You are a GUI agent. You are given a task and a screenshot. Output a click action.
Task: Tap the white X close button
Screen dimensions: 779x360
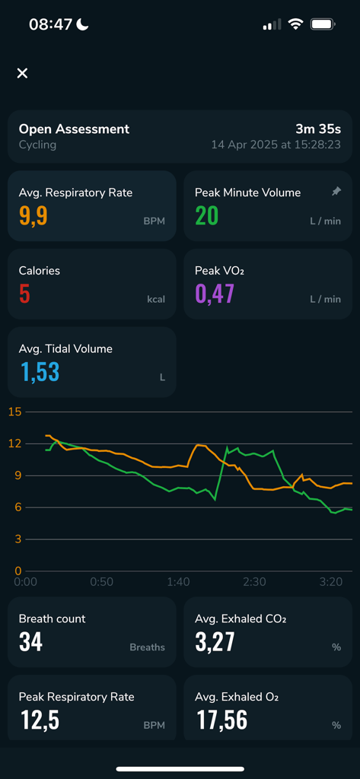[22, 73]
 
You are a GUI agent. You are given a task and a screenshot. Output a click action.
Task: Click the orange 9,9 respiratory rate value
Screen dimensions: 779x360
[33, 216]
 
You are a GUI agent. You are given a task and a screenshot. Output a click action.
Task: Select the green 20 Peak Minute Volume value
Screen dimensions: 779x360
[206, 216]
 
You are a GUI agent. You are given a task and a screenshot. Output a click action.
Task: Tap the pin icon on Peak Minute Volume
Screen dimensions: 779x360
[336, 192]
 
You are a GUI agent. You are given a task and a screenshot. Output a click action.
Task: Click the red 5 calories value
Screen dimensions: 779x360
[24, 294]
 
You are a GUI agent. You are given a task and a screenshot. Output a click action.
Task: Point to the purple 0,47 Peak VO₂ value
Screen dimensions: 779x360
[215, 294]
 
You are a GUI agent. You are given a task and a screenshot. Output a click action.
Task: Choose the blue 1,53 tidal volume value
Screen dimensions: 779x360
[39, 372]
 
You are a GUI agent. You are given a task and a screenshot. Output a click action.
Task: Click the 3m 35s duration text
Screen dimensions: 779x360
[318, 129]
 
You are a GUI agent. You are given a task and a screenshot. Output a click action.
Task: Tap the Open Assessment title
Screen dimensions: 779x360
[74, 129]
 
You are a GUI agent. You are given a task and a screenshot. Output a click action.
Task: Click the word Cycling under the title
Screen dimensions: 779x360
[37, 145]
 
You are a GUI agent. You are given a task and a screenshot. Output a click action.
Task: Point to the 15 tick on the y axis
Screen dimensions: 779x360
[14, 412]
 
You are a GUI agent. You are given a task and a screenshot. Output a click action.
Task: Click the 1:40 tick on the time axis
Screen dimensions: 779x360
[178, 582]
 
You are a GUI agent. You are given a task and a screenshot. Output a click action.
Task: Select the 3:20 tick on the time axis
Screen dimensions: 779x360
[331, 582]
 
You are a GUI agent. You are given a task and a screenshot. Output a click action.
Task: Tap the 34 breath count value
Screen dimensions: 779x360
[30, 642]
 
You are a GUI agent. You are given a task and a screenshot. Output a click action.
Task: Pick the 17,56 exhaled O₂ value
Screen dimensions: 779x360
[221, 720]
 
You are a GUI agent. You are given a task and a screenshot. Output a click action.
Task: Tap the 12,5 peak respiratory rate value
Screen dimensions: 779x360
[40, 720]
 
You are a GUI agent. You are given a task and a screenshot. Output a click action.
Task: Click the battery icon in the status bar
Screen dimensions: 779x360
[323, 24]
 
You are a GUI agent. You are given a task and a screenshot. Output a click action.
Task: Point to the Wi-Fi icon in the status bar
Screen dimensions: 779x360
[295, 24]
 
